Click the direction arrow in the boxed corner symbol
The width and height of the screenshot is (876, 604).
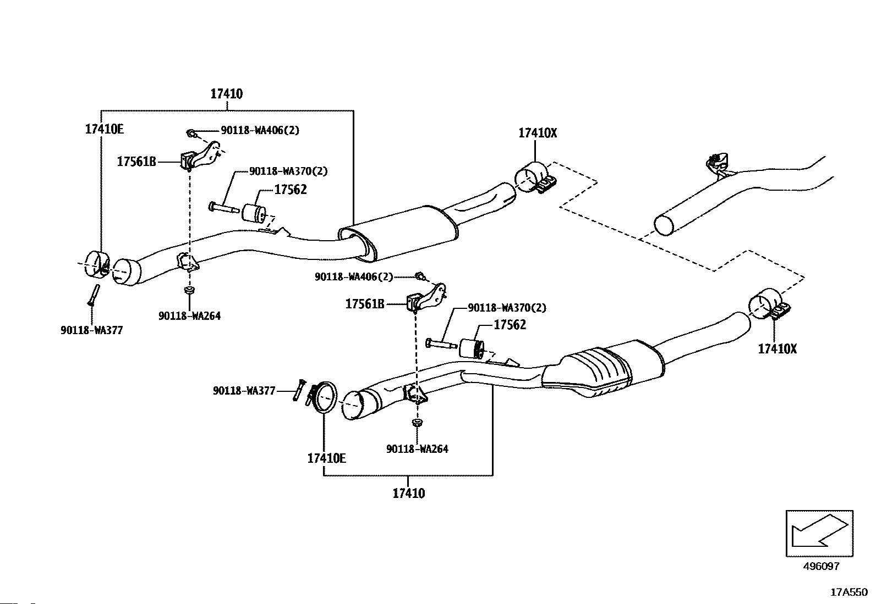coord(819,531)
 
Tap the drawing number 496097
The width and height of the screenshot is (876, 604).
coord(821,566)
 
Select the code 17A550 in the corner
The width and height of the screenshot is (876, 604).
coord(849,592)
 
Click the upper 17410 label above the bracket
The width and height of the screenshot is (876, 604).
coord(227,94)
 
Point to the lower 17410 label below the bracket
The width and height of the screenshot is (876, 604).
coord(409,493)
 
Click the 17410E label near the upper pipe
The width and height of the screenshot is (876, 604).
coord(105,129)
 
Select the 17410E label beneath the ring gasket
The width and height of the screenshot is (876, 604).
coord(326,458)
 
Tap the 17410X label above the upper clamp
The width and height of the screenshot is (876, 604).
coord(538,133)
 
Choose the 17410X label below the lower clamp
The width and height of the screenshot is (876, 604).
coord(777,348)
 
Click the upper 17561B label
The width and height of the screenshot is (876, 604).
coord(136,162)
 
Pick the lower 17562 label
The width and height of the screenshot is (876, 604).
coord(510,325)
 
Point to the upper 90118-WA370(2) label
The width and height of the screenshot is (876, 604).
coord(288,171)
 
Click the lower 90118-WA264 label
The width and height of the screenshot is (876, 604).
coord(417,449)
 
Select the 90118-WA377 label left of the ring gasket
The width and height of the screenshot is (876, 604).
coord(244,391)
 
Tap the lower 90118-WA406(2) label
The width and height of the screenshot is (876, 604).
coord(354,276)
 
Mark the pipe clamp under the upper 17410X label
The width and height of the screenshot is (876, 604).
coord(535,178)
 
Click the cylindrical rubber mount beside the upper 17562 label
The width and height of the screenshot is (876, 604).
coord(254,213)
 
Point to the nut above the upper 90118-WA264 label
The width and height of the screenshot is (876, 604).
coord(189,290)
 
